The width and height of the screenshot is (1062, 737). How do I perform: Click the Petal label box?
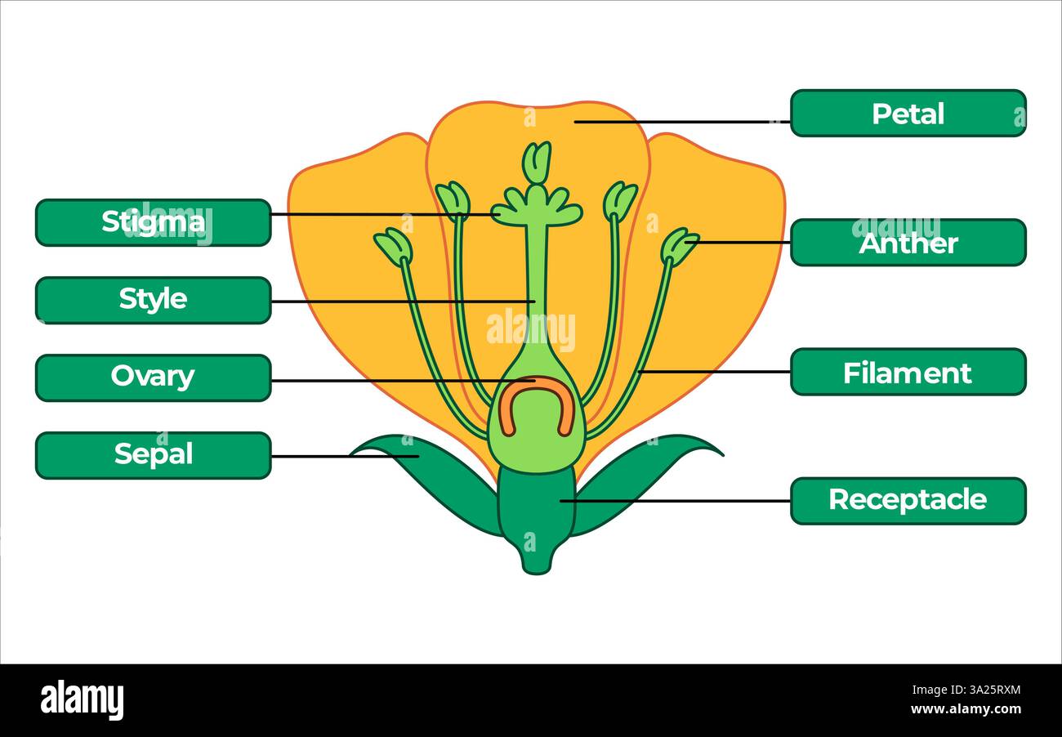(x=908, y=114)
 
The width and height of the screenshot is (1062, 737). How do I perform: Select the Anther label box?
(x=908, y=243)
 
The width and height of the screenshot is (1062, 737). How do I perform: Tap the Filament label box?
(x=908, y=373)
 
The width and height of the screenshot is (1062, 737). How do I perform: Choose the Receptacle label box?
(x=908, y=500)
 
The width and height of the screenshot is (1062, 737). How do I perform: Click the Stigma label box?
(x=153, y=222)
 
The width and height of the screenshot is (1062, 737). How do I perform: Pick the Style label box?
(x=153, y=300)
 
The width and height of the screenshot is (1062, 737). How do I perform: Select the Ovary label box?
(x=153, y=377)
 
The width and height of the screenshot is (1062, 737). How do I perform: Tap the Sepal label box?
(x=153, y=455)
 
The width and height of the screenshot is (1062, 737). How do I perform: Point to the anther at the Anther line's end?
(x=679, y=246)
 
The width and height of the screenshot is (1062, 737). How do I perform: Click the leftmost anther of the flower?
(x=394, y=247)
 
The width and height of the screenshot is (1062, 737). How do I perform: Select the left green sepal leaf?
(x=433, y=474)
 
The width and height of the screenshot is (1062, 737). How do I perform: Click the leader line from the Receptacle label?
(x=678, y=501)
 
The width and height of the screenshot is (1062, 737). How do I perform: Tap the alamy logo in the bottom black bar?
(x=82, y=700)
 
